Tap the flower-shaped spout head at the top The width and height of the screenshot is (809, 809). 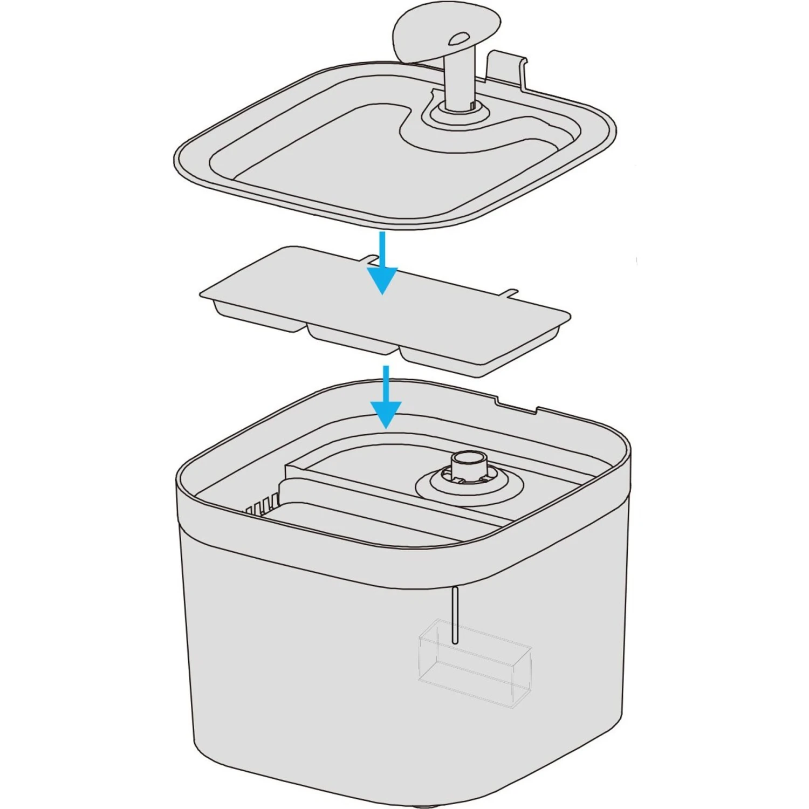[x=431, y=30]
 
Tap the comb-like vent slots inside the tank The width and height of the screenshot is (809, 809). [x=262, y=505]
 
